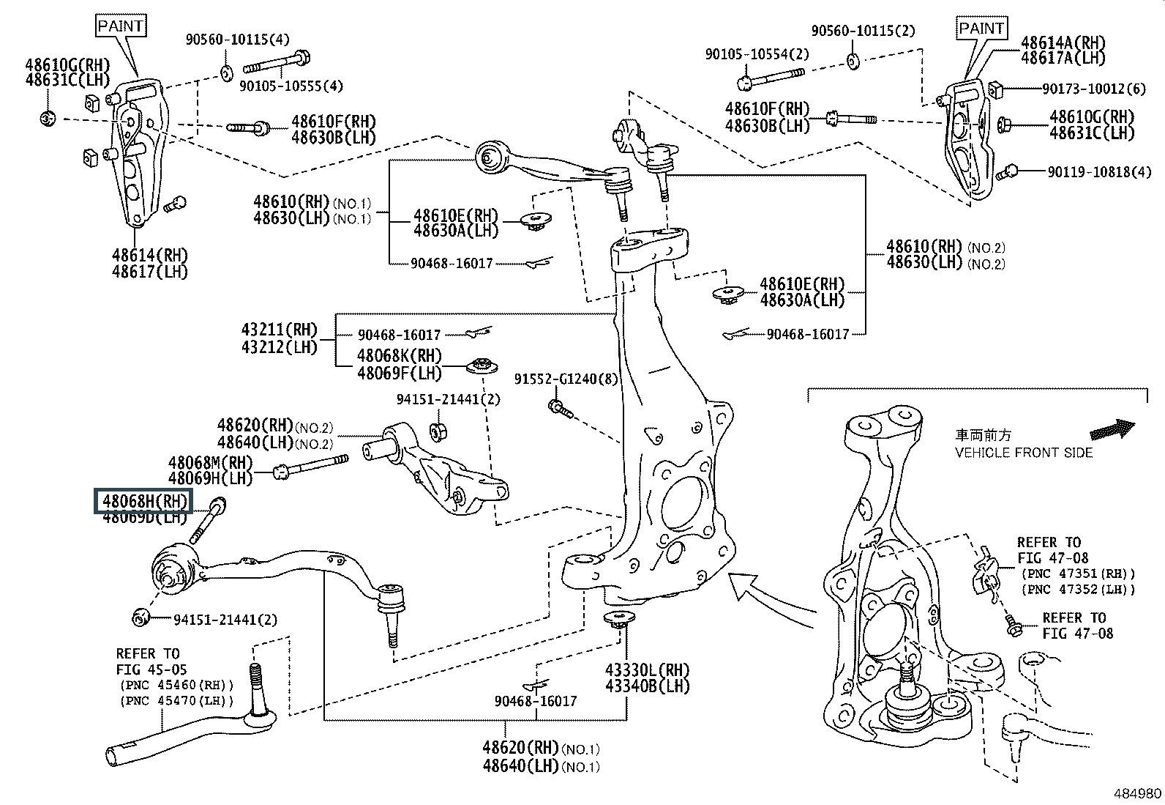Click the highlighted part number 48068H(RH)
click(x=141, y=502)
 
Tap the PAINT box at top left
click(x=121, y=26)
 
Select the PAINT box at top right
click(x=981, y=29)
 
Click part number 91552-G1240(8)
click(x=566, y=379)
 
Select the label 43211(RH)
click(x=280, y=330)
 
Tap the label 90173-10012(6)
click(x=1093, y=89)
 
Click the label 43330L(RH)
click(x=647, y=670)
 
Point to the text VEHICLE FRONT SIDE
click(x=1023, y=453)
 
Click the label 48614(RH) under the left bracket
click(x=150, y=256)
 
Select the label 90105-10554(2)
click(x=757, y=54)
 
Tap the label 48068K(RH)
click(x=400, y=357)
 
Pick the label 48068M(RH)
click(x=210, y=462)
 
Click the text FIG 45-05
click(x=151, y=669)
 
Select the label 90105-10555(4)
click(x=291, y=86)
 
